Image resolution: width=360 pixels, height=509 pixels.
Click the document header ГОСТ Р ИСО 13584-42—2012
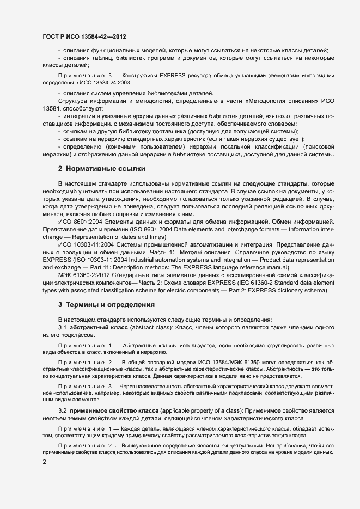84,37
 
